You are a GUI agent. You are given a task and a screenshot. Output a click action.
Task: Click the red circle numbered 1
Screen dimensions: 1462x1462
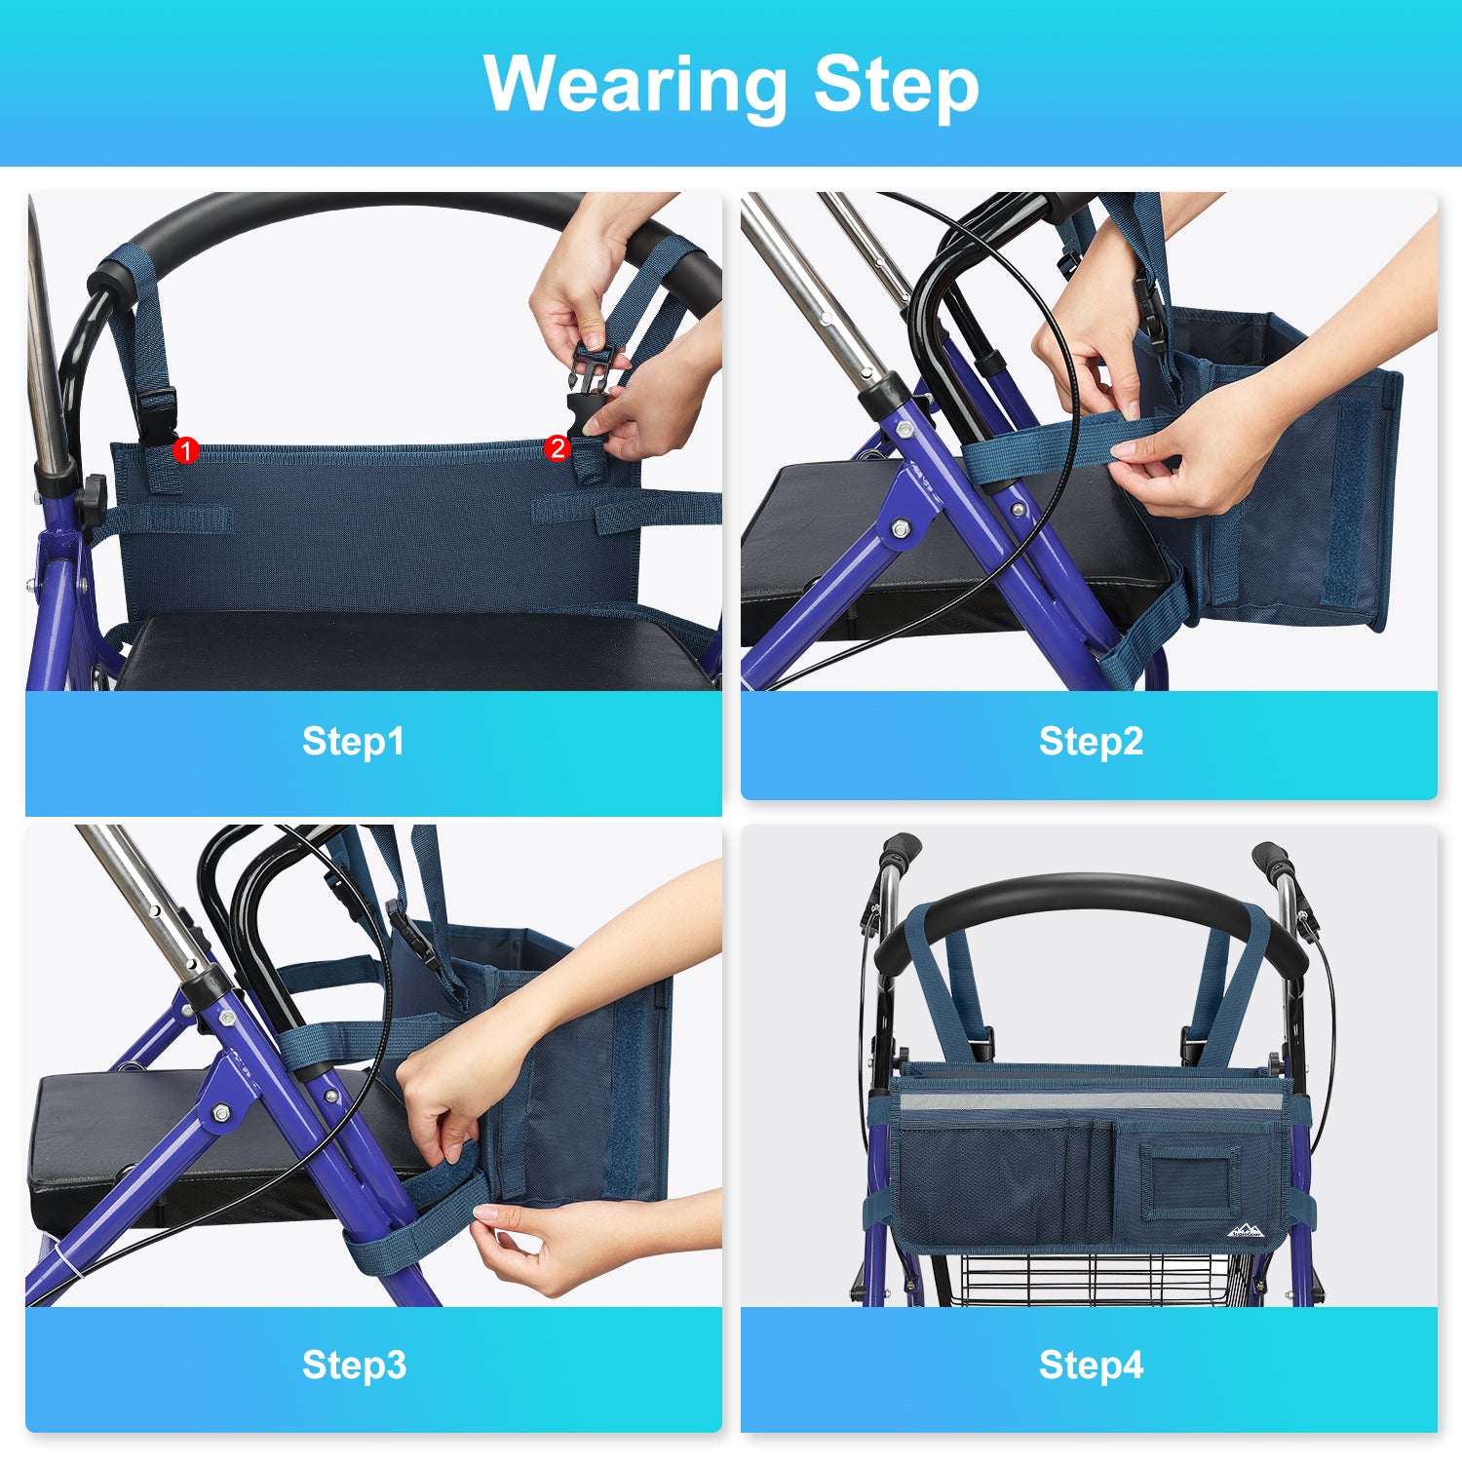coord(185,450)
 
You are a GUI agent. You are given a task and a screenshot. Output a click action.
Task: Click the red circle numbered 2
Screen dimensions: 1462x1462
coord(558,447)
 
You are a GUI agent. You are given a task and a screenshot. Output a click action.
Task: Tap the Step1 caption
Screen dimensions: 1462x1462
coord(353,741)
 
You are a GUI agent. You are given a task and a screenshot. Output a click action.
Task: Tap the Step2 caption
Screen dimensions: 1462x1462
coord(1091,741)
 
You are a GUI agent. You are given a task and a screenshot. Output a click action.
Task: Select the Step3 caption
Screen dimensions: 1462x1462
coord(354,1365)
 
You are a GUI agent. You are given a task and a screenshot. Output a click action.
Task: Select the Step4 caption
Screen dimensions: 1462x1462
coord(1091,1365)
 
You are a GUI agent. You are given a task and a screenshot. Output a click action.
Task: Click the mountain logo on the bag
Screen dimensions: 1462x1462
coord(1243,1231)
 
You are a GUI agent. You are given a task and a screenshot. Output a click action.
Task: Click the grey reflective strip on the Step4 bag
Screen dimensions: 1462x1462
coord(1093,1101)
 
